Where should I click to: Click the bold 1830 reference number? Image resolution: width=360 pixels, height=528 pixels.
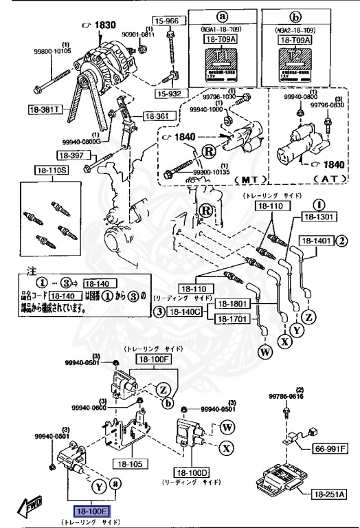pyautogui.click(x=100, y=25)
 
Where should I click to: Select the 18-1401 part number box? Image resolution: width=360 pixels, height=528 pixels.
pyautogui.click(x=317, y=241)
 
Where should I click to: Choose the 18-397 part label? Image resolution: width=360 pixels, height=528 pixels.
pyautogui.click(x=70, y=155)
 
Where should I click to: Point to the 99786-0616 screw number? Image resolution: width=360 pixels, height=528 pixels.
pyautogui.click(x=286, y=397)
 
